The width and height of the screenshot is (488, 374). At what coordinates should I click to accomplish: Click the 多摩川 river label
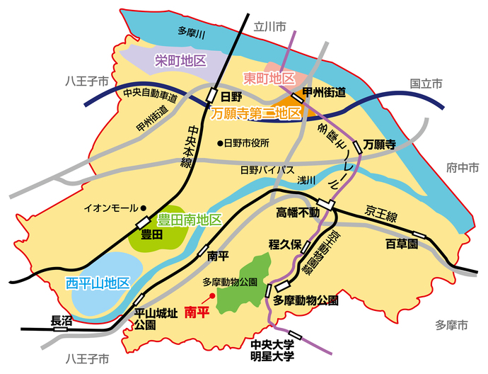[x=191, y=32]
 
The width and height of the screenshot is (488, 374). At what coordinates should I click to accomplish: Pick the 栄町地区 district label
[x=180, y=61]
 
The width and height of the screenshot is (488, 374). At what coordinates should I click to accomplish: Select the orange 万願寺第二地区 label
[x=257, y=113]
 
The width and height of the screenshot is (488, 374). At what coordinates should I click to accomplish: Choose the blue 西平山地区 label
[x=98, y=283]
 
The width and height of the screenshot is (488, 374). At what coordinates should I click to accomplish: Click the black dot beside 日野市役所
[x=219, y=143]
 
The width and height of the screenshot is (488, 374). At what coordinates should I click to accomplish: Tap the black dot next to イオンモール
[x=144, y=208]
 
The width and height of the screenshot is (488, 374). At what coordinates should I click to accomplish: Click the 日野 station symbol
[x=211, y=96]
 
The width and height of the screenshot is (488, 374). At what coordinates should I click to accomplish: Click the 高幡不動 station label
[x=298, y=212]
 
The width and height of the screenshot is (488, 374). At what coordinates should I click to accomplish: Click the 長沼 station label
[x=62, y=320]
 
